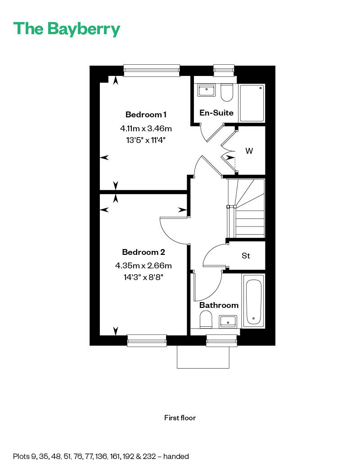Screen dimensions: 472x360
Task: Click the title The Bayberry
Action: tap(67, 29)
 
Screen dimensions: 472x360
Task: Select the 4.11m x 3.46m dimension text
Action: tap(146, 129)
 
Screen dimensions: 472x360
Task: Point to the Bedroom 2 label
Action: tap(140, 252)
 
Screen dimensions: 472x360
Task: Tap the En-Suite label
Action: tap(216, 113)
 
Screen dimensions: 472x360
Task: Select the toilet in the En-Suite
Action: tap(226, 93)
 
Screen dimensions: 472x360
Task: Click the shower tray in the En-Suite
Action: tap(252, 102)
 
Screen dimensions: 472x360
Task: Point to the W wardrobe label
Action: tap(249, 151)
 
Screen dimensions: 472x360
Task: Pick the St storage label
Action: tap(246, 256)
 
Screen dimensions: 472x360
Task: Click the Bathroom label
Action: tap(219, 305)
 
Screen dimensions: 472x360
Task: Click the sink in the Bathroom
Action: tap(228, 321)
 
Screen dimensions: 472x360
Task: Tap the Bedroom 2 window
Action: tap(147, 341)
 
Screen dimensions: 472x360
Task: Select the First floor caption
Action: tap(180, 418)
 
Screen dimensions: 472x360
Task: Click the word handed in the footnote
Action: tap(176, 456)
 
